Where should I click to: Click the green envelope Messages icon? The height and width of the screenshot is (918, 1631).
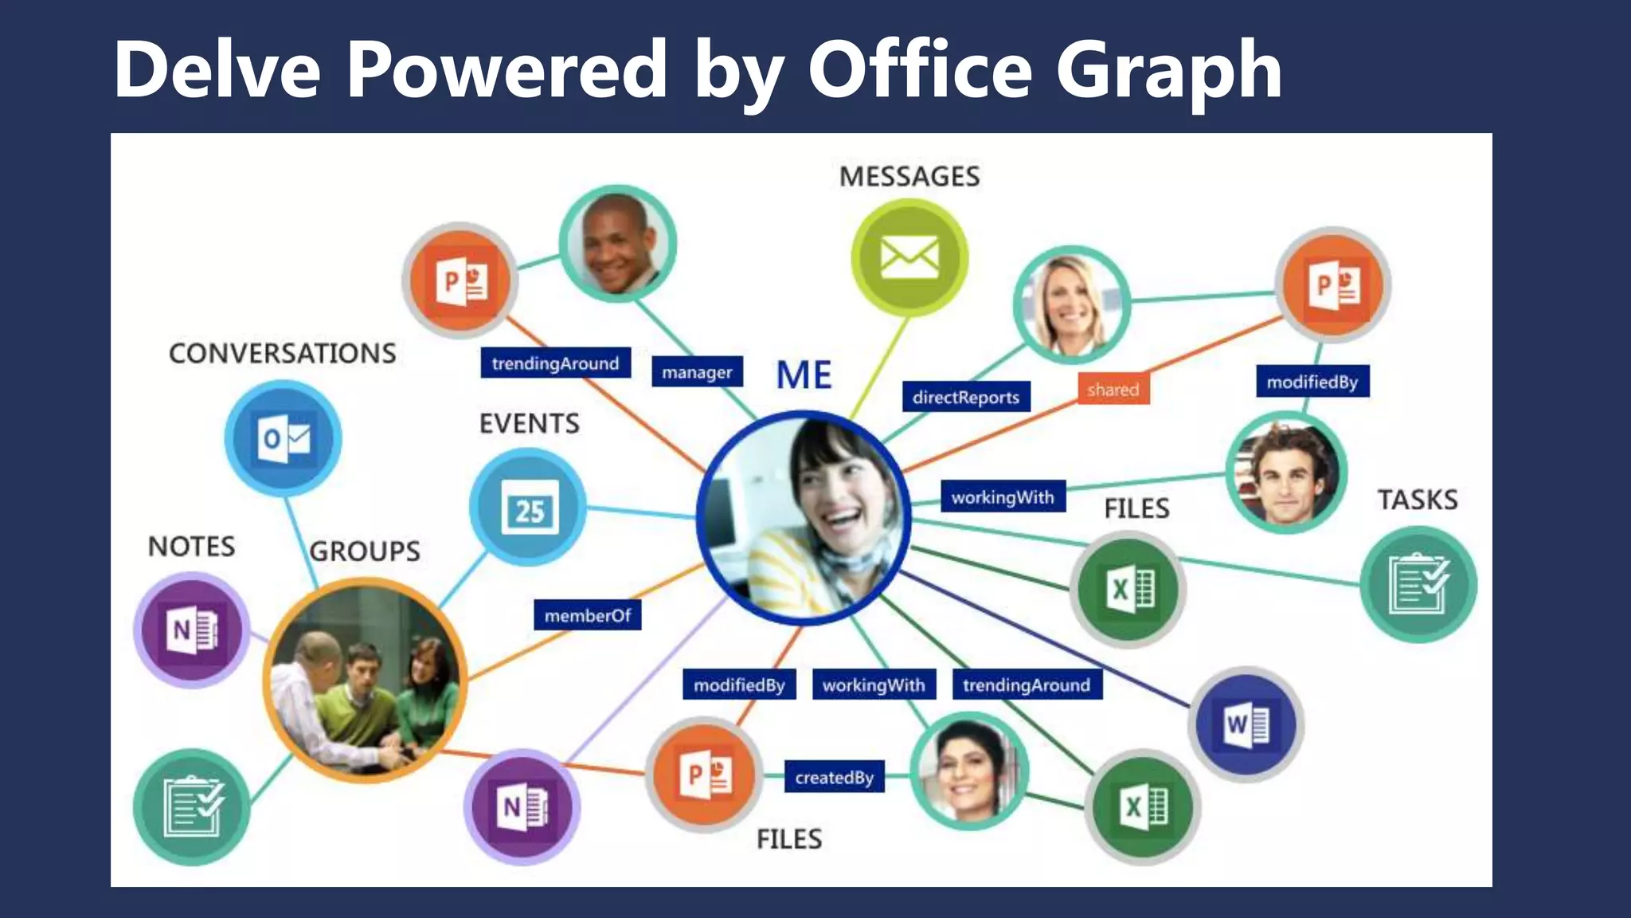pyautogui.click(x=909, y=257)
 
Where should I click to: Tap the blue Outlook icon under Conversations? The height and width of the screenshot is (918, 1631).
pyautogui.click(x=284, y=439)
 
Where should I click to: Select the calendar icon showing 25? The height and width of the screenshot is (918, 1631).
pyautogui.click(x=529, y=508)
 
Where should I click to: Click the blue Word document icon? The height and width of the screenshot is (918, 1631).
pyautogui.click(x=1246, y=724)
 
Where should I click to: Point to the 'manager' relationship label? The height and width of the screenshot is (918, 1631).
pyautogui.click(x=697, y=372)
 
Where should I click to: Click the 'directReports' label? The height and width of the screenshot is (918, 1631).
pyautogui.click(x=965, y=397)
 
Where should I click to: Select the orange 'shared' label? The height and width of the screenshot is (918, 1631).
pyautogui.click(x=1113, y=390)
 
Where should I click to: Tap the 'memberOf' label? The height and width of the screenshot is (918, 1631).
pyautogui.click(x=588, y=615)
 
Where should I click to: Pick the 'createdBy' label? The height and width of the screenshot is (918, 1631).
pyautogui.click(x=834, y=777)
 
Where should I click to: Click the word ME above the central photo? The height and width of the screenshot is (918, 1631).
pyautogui.click(x=804, y=375)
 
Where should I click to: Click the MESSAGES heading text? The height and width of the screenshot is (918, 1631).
pyautogui.click(x=909, y=176)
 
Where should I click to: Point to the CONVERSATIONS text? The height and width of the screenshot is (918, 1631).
pyautogui.click(x=283, y=353)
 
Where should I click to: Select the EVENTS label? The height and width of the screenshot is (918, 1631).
pyautogui.click(x=530, y=423)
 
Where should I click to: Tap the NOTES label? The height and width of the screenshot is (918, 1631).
pyautogui.click(x=192, y=547)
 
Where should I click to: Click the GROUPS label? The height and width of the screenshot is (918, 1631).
pyautogui.click(x=365, y=551)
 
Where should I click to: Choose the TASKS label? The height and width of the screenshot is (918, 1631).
pyautogui.click(x=1418, y=500)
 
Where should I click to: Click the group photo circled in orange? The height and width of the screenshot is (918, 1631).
pyautogui.click(x=365, y=680)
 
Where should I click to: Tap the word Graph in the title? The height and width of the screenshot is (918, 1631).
pyautogui.click(x=1169, y=72)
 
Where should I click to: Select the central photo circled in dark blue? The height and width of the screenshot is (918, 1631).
pyautogui.click(x=804, y=517)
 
